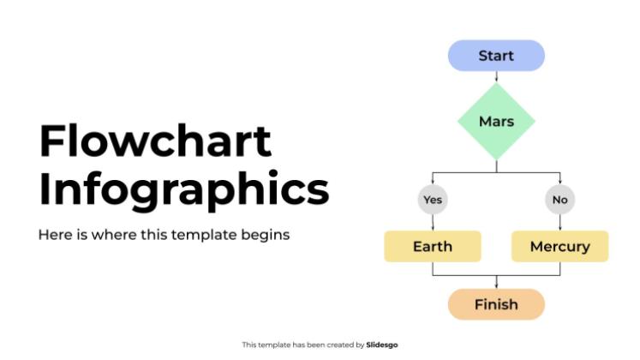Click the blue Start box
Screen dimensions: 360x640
coord(496,56)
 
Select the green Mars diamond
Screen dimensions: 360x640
coord(496,121)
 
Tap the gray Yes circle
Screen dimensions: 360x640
coord(433,200)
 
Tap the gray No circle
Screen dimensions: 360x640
coord(559,200)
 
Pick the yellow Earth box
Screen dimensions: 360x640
coord(433,247)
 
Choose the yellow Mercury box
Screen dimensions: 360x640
coord(559,247)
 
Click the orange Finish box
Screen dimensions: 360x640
coord(496,304)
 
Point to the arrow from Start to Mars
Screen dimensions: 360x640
coord(497,76)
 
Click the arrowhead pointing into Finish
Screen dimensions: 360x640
coord(497,286)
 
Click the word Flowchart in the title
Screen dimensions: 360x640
coord(155,142)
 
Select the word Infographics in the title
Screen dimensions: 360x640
coord(183,190)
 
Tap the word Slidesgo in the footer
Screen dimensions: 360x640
coord(382,345)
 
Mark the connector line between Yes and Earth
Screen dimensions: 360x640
coord(433,222)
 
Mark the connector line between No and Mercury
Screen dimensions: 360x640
coord(559,222)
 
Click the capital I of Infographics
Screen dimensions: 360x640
coord(44,189)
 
